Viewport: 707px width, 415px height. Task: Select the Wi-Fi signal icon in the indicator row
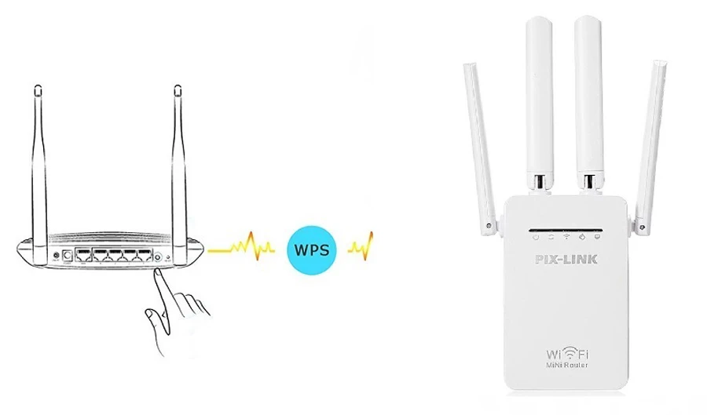coord(566,236)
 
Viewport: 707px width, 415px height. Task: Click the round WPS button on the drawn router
coord(158,256)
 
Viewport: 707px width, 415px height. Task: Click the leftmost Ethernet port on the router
coord(82,255)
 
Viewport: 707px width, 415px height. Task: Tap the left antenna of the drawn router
coord(37,157)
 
